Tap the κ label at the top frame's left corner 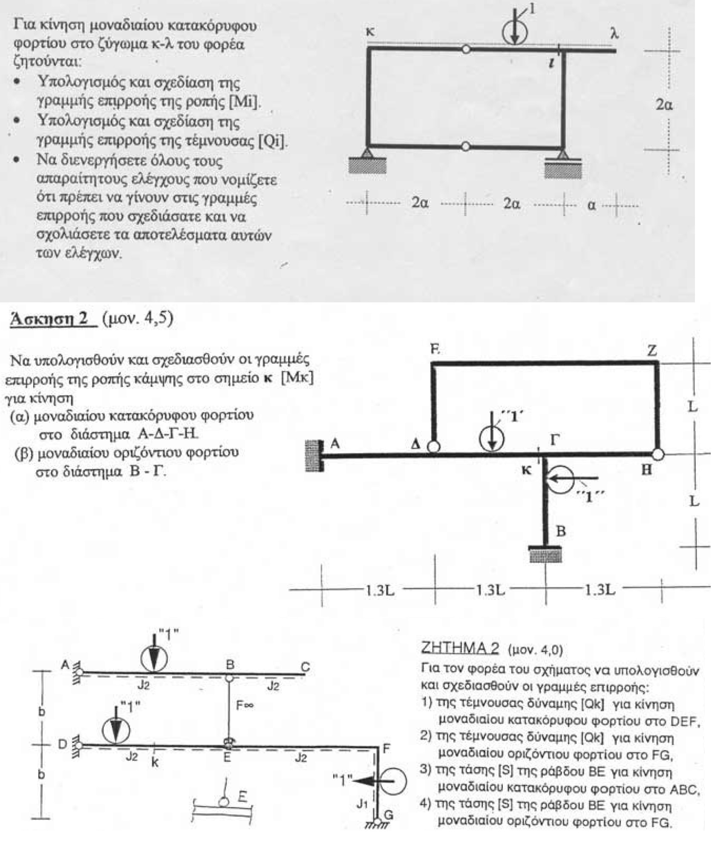[371, 31]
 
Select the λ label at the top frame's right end [614, 34]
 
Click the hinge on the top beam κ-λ [466, 49]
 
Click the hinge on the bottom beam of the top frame [466, 147]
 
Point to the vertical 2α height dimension [664, 104]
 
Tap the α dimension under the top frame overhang [591, 205]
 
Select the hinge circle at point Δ [434, 446]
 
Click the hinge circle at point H [658, 455]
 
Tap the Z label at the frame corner [652, 351]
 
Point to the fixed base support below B [545, 554]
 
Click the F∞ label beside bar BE [245, 706]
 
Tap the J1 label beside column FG [362, 804]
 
